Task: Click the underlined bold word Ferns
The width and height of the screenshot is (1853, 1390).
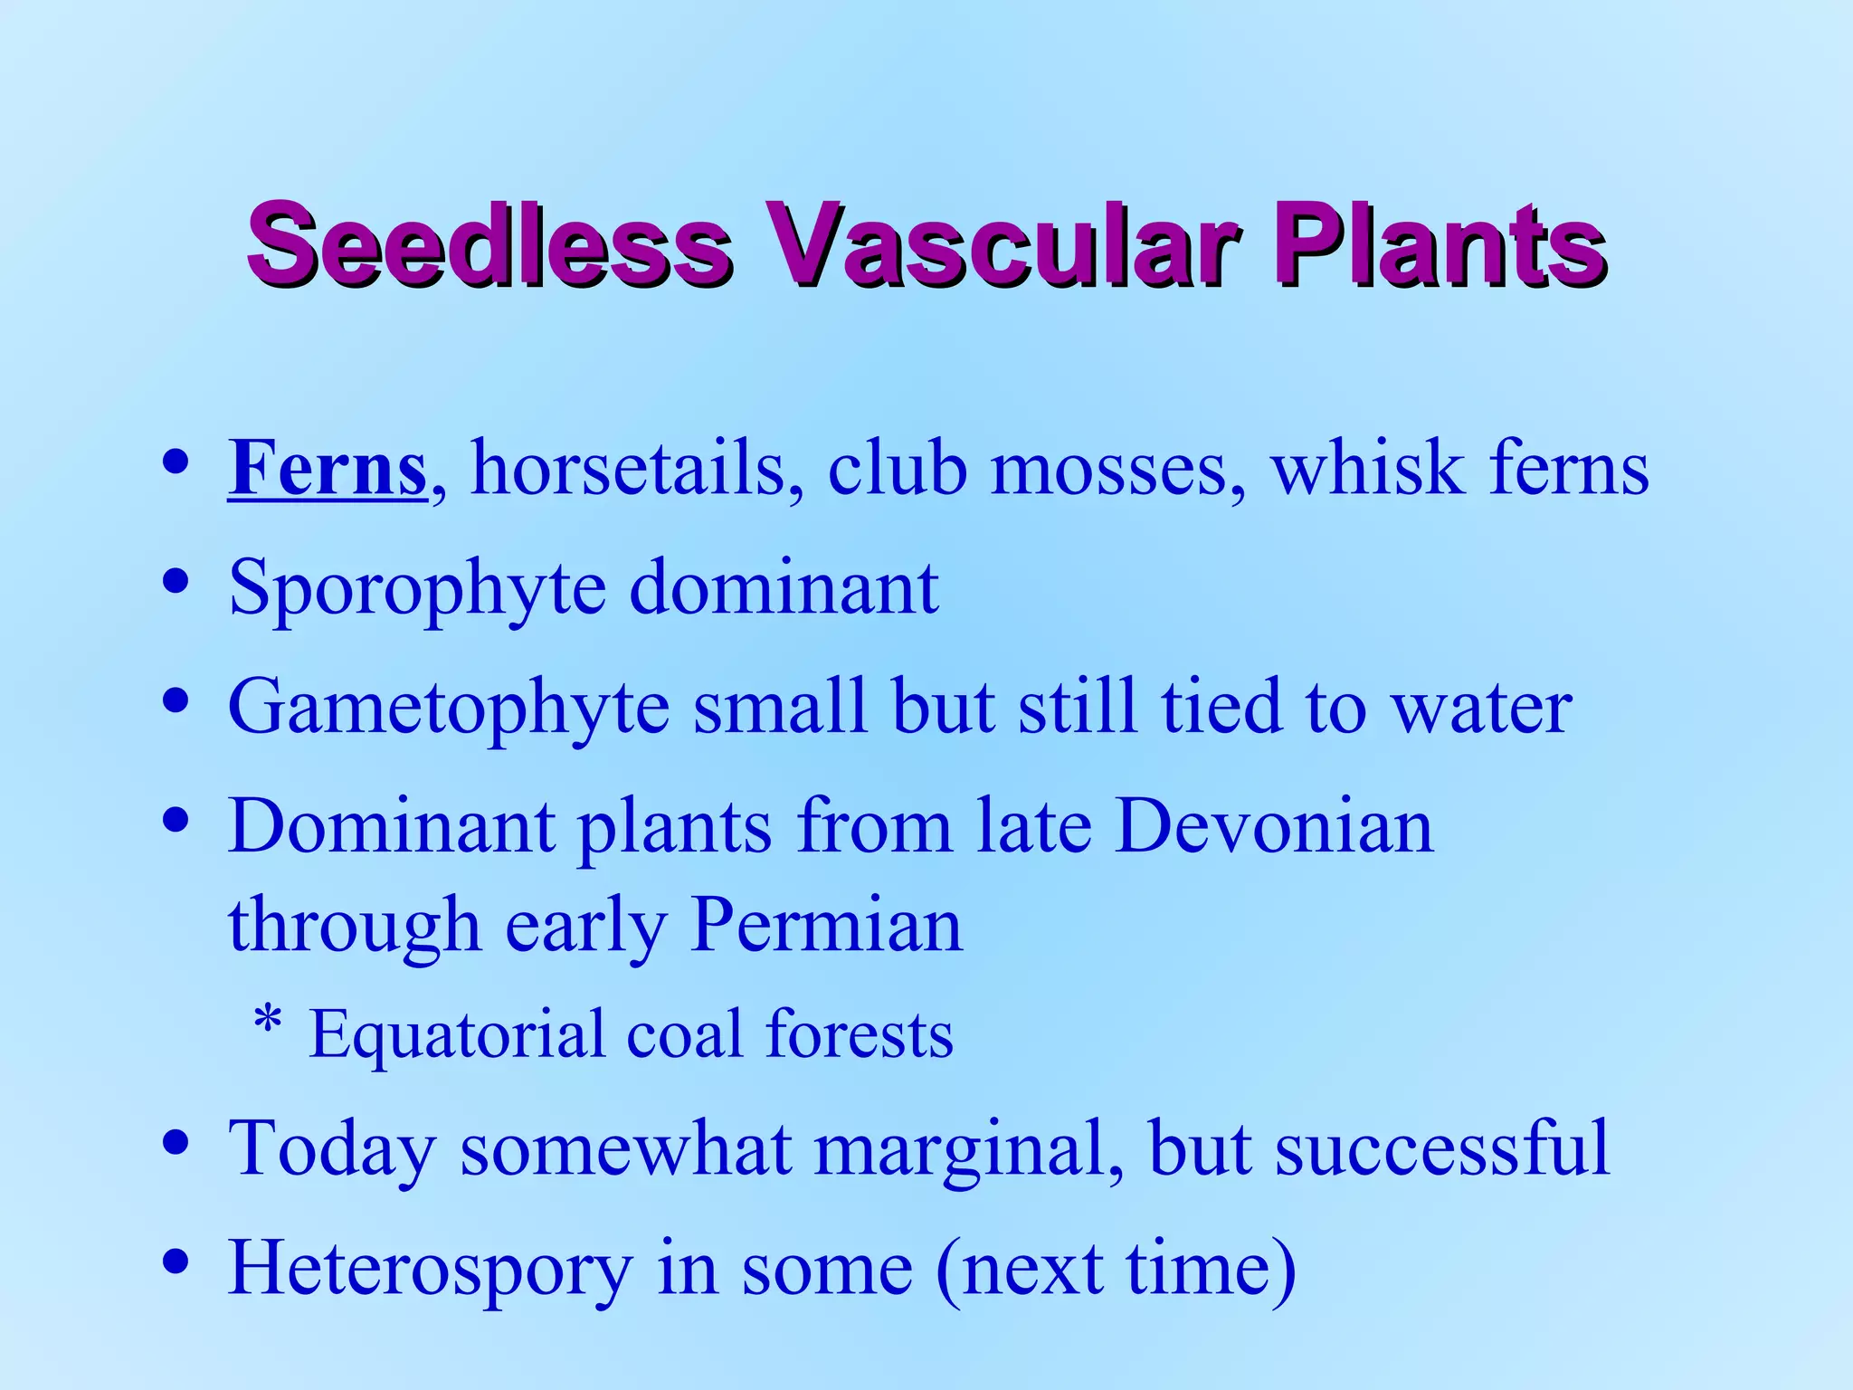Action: pyautogui.click(x=327, y=469)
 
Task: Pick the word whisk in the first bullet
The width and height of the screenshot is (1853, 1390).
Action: pyautogui.click(x=1368, y=469)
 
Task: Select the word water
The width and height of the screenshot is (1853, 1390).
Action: pyautogui.click(x=1481, y=708)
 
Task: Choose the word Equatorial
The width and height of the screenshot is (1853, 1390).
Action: pyautogui.click(x=457, y=1035)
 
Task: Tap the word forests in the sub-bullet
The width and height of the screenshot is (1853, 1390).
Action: pyautogui.click(x=859, y=1033)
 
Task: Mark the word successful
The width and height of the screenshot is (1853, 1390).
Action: pyautogui.click(x=1442, y=1147)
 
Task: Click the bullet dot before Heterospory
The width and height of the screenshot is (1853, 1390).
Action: pyautogui.click(x=176, y=1260)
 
